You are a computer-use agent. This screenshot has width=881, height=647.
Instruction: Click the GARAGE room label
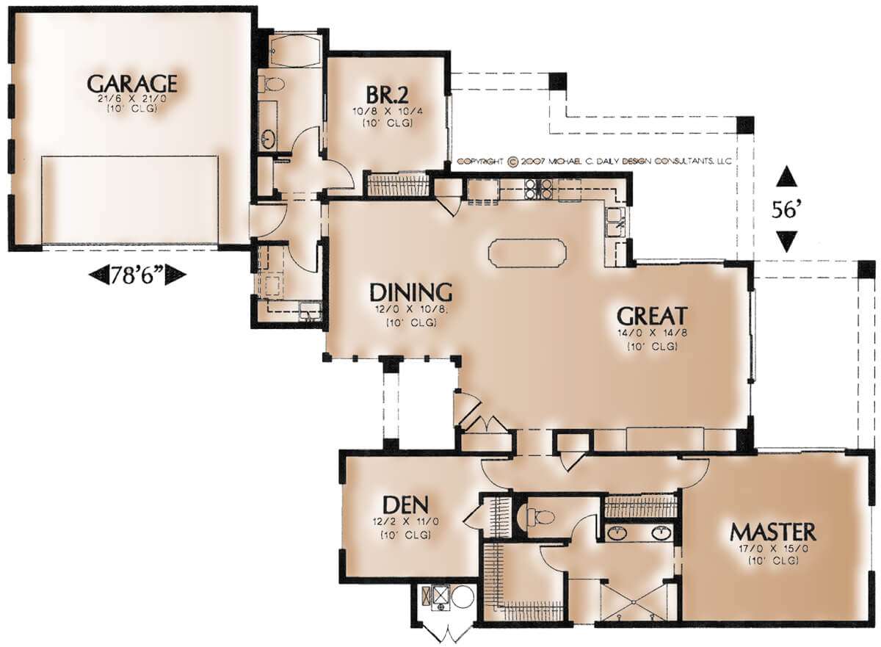132,84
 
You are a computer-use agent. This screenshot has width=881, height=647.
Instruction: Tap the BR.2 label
387,95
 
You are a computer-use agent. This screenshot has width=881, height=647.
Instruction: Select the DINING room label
411,292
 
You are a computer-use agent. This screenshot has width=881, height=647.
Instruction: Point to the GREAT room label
652,316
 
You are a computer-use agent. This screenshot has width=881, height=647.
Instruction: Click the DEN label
405,505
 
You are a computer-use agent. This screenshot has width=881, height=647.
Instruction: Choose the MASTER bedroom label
773,532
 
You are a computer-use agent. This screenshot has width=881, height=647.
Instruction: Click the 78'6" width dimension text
137,275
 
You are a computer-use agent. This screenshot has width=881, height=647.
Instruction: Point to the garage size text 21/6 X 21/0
132,98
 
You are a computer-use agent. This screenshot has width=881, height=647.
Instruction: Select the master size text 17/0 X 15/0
773,549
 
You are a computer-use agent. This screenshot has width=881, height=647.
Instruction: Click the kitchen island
527,253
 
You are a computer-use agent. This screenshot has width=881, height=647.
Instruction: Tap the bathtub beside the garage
295,51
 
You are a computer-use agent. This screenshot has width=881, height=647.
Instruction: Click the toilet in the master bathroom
540,516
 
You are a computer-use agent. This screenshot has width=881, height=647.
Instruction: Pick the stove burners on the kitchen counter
538,188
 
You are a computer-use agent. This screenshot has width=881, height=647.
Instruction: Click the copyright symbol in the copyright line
512,162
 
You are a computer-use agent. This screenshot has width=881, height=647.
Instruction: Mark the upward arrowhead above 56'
786,176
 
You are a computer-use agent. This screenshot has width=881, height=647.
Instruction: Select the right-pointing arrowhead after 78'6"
175,275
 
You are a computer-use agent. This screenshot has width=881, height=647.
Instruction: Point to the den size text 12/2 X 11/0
406,521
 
